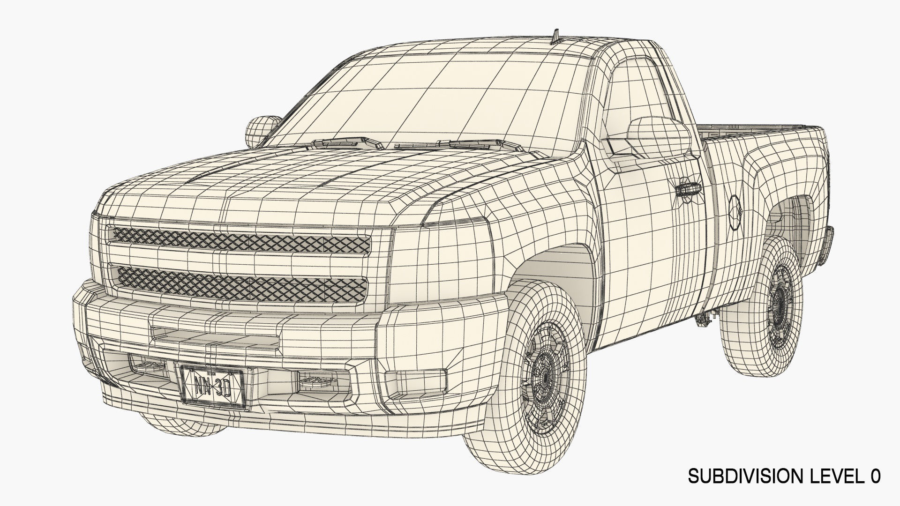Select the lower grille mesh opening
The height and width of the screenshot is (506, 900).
(x=240, y=283)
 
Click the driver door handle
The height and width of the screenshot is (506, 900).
(x=688, y=189)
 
